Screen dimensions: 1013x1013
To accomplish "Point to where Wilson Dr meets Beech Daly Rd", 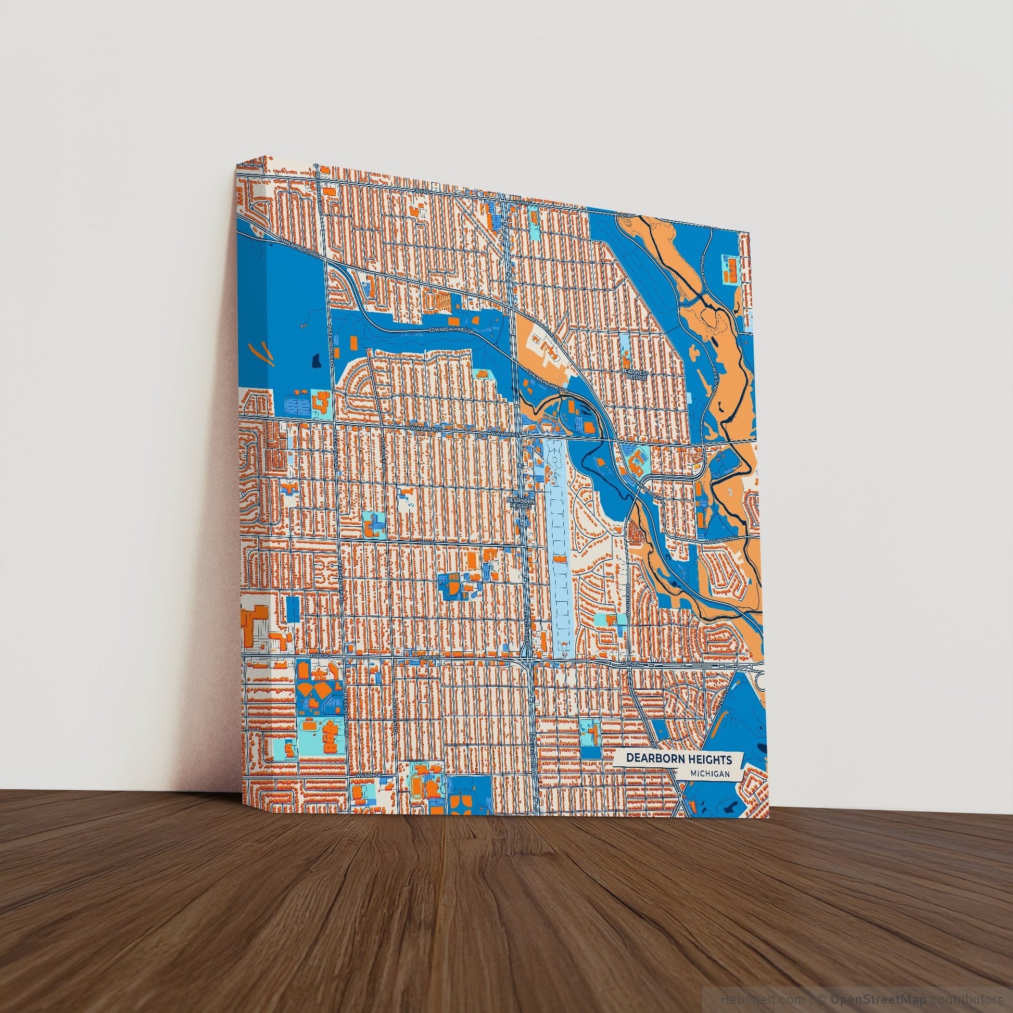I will click(x=348, y=788).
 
